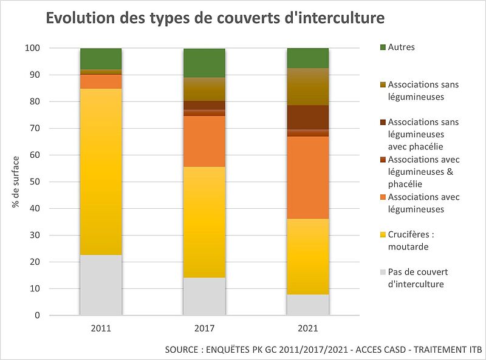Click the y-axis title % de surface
coord(16,182)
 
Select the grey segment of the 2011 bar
coord(101,285)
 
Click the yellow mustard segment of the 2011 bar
coord(101,172)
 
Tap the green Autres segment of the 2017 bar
coord(205,63)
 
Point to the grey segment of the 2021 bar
coord(308,305)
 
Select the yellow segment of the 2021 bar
coord(308,256)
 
